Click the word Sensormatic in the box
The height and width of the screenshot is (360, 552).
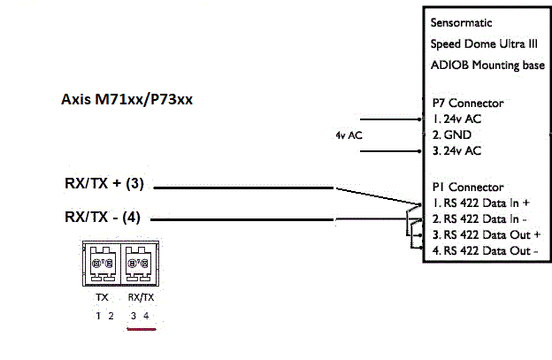click(x=462, y=21)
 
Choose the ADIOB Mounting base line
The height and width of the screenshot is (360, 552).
click(x=487, y=65)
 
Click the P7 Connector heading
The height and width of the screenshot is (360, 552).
click(x=467, y=103)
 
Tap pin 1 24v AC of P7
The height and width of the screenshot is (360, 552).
click(x=457, y=119)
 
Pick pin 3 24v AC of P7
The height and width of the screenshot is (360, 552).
click(x=457, y=151)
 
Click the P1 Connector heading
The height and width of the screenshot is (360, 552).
click(x=466, y=188)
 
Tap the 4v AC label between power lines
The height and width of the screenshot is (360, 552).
click(x=349, y=135)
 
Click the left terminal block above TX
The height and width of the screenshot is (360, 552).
click(x=103, y=263)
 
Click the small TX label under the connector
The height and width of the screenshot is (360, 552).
click(x=103, y=298)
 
